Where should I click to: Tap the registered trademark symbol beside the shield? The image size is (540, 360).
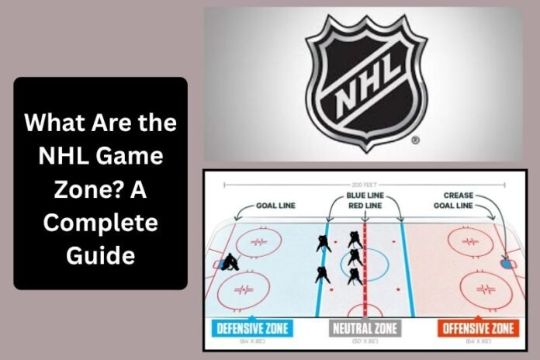(x=416, y=141)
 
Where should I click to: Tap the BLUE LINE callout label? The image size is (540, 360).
(x=366, y=196)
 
